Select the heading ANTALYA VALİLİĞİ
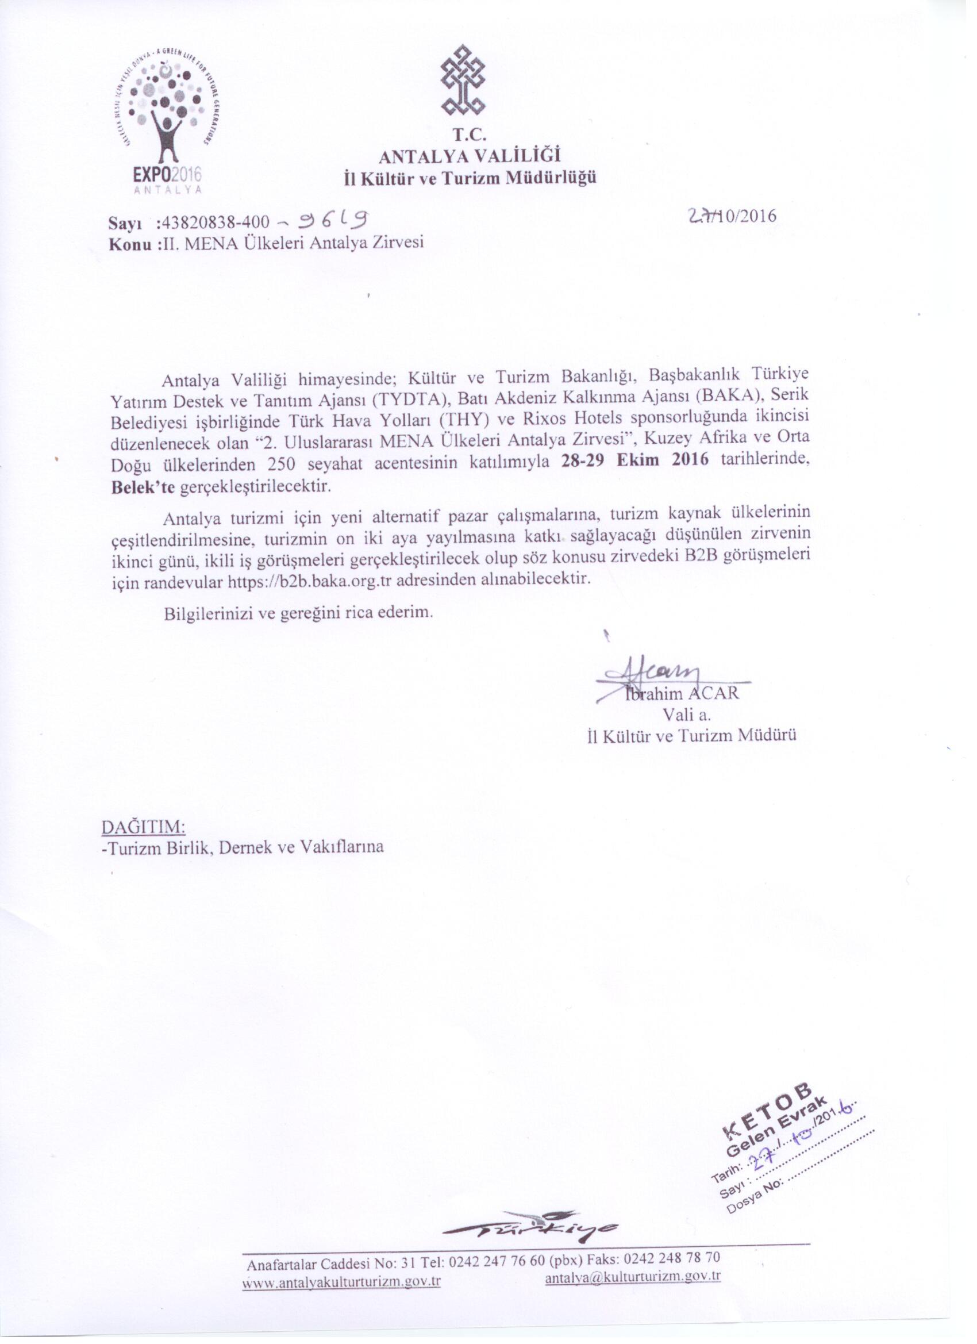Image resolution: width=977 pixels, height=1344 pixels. pos(469,156)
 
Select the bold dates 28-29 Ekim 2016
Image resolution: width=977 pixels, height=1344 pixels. pos(634,462)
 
